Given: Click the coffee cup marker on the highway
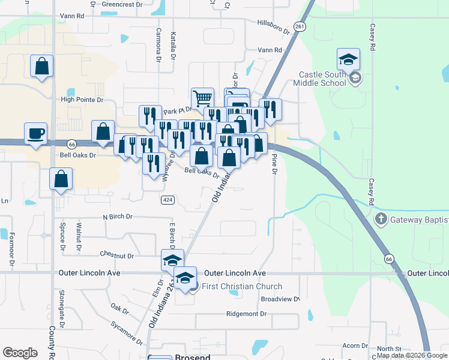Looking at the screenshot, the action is click(x=36, y=133).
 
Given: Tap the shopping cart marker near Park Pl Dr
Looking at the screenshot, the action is click(x=202, y=98).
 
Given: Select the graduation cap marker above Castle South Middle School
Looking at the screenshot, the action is click(x=348, y=59).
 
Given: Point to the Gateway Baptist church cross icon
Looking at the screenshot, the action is click(x=381, y=219).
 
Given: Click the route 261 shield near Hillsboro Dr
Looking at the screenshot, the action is click(x=300, y=26).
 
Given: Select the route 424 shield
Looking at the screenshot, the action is click(x=167, y=199).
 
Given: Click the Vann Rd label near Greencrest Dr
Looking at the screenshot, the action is click(x=72, y=16).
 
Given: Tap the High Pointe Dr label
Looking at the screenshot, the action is click(x=82, y=100).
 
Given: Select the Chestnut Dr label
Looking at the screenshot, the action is click(x=116, y=255).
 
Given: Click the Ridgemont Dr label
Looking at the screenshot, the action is click(x=246, y=314).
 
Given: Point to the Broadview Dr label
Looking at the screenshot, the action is click(x=280, y=299).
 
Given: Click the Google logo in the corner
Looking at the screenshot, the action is click(x=20, y=353).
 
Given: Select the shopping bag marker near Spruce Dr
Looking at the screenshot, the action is click(x=61, y=179).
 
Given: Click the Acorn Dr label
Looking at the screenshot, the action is click(x=355, y=346).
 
